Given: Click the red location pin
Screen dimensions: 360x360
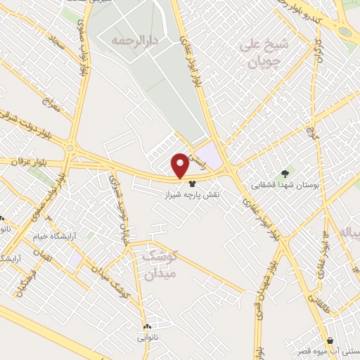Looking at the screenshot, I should [180, 165].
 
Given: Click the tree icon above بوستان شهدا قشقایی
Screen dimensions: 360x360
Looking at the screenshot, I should [285, 174].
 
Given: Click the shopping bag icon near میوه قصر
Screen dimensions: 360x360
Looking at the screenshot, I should [330, 340].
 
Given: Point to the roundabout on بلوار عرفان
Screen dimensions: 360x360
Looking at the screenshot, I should [70, 148].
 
